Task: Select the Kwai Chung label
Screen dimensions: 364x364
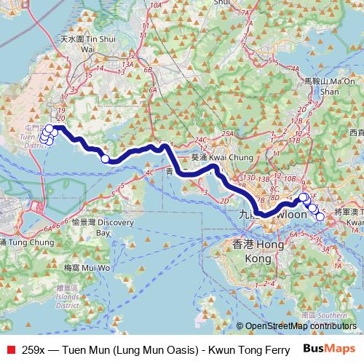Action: [x=214, y=157]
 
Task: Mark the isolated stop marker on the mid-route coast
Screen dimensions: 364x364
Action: [x=105, y=159]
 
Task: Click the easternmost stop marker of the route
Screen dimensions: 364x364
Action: [x=320, y=215]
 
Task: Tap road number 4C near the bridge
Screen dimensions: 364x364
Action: [x=150, y=173]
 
